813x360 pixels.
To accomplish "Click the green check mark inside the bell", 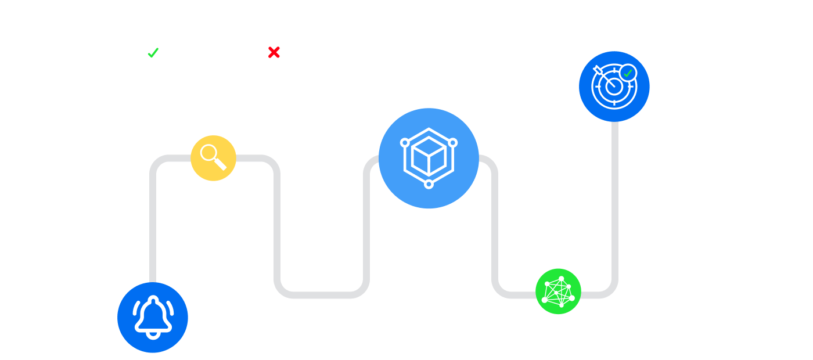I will click(x=153, y=53).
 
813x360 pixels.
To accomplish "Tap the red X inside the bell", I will click(x=274, y=53).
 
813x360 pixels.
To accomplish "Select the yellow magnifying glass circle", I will click(x=213, y=158).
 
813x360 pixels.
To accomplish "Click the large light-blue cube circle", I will click(x=429, y=158).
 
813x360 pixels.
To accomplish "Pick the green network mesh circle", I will click(x=558, y=291).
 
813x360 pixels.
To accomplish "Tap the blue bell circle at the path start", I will click(x=153, y=318).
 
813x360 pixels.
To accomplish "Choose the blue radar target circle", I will click(x=614, y=87).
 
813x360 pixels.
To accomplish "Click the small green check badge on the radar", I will click(x=628, y=73).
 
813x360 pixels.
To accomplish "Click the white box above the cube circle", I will click(x=430, y=76).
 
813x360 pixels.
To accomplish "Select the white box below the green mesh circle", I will click(x=553, y=334).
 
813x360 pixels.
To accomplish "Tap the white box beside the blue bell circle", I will click(x=221, y=319).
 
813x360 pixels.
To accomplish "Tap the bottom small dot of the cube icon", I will click(x=429, y=184).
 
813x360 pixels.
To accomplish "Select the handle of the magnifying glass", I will click(x=220, y=164).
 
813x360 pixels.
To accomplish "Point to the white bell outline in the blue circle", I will click(x=153, y=316).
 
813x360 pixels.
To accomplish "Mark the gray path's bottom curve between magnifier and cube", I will click(x=322, y=295).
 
